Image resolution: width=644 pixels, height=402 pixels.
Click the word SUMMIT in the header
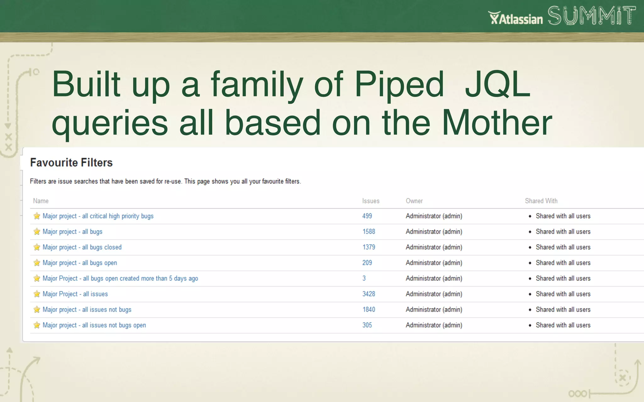(591, 16)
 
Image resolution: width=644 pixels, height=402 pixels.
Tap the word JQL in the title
(497, 84)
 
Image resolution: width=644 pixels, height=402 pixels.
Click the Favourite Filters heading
(71, 163)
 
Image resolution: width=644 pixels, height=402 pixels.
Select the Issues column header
(371, 201)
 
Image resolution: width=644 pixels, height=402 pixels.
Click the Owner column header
(414, 201)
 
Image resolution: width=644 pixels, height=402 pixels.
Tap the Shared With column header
(541, 201)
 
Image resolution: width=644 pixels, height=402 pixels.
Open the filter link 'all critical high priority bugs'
(98, 216)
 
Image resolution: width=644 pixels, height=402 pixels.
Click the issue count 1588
(369, 232)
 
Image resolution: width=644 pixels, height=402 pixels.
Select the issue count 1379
(369, 247)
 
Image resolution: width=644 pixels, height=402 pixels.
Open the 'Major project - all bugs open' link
(80, 263)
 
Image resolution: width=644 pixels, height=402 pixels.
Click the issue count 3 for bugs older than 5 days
(364, 278)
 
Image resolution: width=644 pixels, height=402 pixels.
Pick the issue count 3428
(369, 294)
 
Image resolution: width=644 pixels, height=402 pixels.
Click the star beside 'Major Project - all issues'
(37, 294)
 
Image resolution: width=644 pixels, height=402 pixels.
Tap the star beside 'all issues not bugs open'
(37, 325)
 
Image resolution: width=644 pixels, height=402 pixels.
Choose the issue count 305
(367, 325)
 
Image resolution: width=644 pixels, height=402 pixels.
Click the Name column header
(41, 201)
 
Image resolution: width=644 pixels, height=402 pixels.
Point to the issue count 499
(367, 216)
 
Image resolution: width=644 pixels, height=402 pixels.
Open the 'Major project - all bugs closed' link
(82, 247)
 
